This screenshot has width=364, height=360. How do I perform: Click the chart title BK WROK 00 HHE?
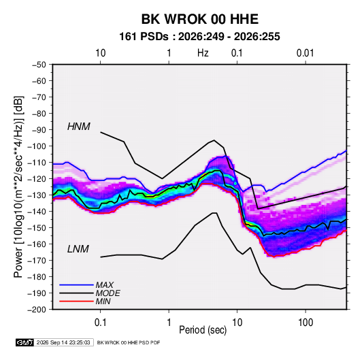tap(199, 19)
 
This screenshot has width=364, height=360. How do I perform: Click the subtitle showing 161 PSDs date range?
tap(199, 37)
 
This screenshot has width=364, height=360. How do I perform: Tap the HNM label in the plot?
tap(79, 127)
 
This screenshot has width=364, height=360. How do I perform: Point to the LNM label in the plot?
tap(78, 249)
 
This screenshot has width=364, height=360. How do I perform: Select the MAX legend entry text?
tap(105, 285)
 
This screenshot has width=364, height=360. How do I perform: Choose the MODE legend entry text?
tap(108, 293)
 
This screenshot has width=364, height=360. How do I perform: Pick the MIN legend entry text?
tap(103, 301)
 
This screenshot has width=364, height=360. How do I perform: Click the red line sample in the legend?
tap(76, 301)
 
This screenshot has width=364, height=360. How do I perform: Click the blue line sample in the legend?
tap(76, 285)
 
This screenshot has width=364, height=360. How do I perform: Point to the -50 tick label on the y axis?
tap(39, 65)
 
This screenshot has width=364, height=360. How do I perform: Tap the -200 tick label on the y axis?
tap(37, 310)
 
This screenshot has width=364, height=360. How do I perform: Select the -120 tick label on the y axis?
tap(37, 179)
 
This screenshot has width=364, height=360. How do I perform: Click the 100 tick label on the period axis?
tap(305, 323)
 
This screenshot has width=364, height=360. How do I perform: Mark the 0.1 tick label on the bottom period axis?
tap(101, 323)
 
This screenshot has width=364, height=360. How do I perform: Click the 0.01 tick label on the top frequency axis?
tap(305, 53)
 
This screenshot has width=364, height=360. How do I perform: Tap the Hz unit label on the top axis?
tap(203, 53)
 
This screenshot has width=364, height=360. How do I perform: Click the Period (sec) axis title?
tap(203, 330)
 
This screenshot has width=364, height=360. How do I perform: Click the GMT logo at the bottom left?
tap(24, 342)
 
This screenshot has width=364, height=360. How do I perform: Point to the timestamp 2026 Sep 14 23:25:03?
tap(63, 342)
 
